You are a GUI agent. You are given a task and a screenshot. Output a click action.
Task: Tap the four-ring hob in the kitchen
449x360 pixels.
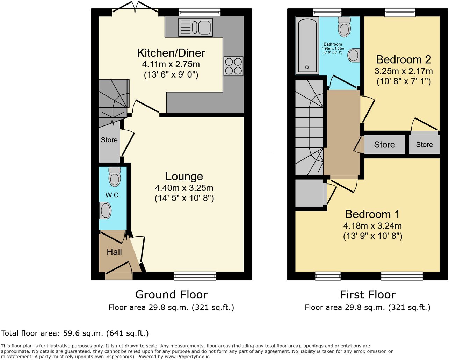click(233, 66)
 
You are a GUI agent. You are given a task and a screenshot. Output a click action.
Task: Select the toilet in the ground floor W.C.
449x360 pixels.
click(115, 177)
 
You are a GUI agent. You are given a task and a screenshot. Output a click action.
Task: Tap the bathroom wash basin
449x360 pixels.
click(354, 55)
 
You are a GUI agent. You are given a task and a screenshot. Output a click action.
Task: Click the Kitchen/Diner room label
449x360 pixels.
click(171, 53)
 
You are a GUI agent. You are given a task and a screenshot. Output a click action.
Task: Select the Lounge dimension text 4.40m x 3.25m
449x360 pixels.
click(184, 188)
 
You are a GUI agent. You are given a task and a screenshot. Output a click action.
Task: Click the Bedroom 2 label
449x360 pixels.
click(404, 60)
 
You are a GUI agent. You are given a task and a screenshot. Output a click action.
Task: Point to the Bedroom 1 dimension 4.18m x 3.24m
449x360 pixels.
click(372, 226)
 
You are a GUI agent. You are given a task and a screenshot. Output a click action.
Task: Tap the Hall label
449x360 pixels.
click(114, 252)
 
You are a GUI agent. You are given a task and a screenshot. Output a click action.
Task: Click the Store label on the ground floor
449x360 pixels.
click(109, 140)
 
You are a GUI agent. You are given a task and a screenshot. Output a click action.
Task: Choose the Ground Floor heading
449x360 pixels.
click(171, 295)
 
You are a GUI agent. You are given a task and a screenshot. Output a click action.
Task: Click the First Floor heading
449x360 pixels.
click(368, 295)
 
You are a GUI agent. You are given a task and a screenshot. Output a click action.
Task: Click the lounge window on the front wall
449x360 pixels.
click(195, 276)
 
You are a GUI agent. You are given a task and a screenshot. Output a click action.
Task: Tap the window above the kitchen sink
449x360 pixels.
click(200, 12)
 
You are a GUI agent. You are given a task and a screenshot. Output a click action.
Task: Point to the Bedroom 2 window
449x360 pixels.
click(400, 12)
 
